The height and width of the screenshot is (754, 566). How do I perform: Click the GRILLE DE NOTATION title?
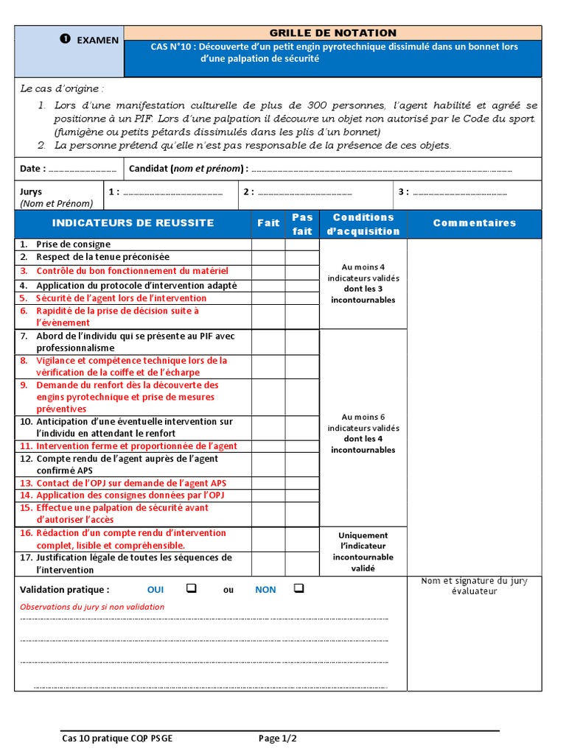coord(332,33)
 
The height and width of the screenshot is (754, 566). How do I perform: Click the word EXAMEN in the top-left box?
coord(97,40)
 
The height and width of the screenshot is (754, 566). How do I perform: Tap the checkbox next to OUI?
coord(191,588)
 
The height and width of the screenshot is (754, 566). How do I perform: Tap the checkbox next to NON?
coord(298,588)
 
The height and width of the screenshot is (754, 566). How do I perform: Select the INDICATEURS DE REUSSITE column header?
coord(133,223)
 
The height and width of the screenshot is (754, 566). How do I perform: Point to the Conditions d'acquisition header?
coord(363,224)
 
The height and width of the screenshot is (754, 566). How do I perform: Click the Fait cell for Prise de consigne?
coord(268,244)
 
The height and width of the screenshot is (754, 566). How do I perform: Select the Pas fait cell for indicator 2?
coord(302,257)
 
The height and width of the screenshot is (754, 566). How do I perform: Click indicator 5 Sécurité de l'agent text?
coord(121,298)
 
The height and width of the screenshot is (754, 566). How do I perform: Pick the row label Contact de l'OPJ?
coord(131,483)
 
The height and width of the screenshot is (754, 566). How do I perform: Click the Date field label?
coord(33,169)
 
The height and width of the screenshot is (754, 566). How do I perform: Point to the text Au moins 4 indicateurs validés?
coord(363,273)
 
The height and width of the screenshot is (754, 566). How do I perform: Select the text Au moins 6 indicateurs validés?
coord(363,423)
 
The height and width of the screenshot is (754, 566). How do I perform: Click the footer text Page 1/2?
coord(278,738)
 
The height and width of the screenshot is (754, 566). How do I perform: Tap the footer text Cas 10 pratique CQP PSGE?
coord(118,738)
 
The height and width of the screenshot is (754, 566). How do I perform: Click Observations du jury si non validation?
coord(92,607)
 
